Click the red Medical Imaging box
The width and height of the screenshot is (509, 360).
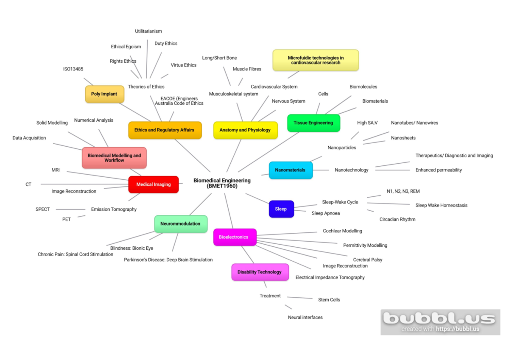[154, 184]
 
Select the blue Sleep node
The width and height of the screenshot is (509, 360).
[281, 209]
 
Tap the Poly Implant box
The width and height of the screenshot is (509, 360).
[104, 94]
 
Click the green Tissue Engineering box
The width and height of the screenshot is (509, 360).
[313, 123]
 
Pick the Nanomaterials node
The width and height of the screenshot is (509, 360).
[291, 170]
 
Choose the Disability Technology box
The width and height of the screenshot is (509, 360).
[260, 272]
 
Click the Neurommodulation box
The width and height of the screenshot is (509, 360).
[181, 224]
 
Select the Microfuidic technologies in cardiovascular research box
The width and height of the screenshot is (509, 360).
[316, 60]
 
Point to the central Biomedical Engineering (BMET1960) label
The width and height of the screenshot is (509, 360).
[222, 183]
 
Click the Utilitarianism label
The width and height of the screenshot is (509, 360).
[148, 31]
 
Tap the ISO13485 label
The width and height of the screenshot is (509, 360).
[73, 69]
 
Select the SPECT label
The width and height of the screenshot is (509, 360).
[42, 209]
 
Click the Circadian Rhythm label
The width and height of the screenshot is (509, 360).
[397, 219]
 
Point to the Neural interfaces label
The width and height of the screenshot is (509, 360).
[305, 317]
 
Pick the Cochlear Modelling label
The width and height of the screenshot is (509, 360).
[342, 231]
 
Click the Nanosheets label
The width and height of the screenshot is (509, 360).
[403, 138]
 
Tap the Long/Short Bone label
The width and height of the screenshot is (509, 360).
[219, 58]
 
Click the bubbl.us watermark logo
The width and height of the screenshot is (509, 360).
[440, 322]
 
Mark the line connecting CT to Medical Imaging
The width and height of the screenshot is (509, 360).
[84, 184]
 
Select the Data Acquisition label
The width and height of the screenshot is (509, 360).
[29, 138]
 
